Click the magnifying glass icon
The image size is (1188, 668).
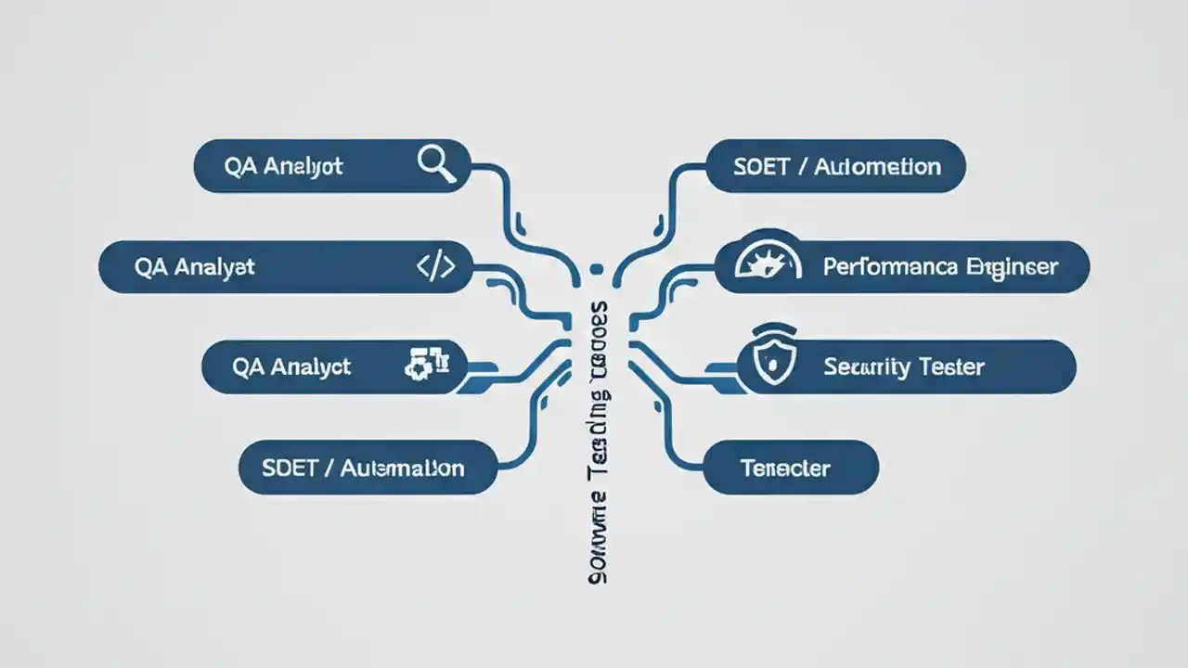(436, 165)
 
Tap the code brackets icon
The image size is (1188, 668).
(435, 267)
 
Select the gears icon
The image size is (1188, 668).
(427, 365)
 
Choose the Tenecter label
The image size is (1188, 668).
(785, 468)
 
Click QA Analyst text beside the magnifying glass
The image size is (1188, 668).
(283, 166)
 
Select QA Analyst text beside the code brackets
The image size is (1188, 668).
(194, 267)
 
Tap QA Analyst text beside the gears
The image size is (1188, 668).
(291, 366)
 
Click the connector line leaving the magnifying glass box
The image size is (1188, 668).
(506, 199)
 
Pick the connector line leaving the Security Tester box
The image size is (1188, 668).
(687, 376)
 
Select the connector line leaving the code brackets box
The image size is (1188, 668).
(506, 278)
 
